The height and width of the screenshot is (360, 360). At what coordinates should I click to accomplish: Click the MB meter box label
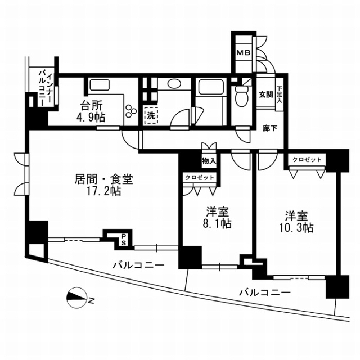[244, 53]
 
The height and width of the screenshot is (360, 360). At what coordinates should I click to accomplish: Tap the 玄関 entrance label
[266, 94]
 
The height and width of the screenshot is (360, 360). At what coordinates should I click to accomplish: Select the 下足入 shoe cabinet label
[279, 94]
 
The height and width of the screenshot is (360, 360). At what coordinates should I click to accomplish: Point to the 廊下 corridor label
[270, 129]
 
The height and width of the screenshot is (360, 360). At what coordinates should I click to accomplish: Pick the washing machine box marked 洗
[151, 116]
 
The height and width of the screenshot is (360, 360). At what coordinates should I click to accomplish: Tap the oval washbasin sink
[175, 84]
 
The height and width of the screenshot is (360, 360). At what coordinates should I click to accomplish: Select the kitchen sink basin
[100, 85]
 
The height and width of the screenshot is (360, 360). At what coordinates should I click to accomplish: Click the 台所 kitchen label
[91, 106]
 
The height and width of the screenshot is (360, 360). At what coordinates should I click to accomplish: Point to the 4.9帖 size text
[91, 118]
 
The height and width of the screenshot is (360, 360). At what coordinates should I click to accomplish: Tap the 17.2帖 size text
[103, 191]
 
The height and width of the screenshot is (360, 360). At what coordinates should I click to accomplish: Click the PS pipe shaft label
[124, 240]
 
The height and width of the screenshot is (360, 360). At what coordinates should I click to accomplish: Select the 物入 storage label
[209, 161]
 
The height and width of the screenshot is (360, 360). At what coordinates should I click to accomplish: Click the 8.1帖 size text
[217, 223]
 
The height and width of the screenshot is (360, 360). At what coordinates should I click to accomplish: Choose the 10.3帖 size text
[296, 228]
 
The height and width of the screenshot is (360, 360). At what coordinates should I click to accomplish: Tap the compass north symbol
[77, 298]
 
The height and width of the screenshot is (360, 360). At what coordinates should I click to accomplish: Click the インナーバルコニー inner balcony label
[46, 89]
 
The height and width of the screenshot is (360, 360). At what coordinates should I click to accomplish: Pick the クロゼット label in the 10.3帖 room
[307, 160]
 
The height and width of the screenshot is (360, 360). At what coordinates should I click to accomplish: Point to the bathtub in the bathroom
[211, 87]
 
